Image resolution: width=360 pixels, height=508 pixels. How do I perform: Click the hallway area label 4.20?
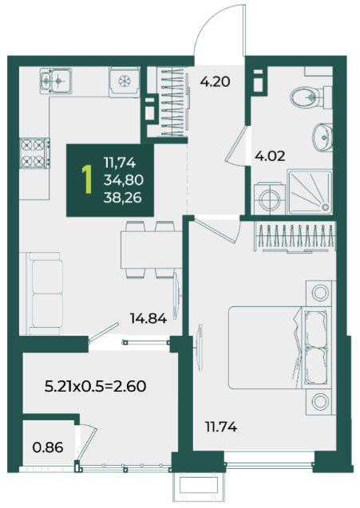[x=215, y=81]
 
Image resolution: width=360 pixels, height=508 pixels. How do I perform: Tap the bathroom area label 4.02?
[x=270, y=156]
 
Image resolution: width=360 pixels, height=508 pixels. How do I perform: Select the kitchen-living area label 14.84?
[x=148, y=318]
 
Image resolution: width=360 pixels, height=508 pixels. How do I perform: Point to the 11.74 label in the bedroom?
[x=221, y=427]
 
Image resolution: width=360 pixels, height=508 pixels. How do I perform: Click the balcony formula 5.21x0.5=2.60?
[x=95, y=386]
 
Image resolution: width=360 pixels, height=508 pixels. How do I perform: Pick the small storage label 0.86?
[x=48, y=447]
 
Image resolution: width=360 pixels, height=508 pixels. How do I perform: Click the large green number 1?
[x=86, y=179]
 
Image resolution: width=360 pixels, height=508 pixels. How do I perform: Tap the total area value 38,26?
[x=123, y=197]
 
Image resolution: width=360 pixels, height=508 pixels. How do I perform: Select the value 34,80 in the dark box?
[x=124, y=179]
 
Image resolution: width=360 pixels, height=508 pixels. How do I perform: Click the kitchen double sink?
[x=56, y=81]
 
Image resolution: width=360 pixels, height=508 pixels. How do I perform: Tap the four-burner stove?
[x=34, y=153]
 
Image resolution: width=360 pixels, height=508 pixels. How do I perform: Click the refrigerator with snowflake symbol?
[x=125, y=82]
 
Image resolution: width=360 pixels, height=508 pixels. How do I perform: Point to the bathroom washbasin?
[x=322, y=137]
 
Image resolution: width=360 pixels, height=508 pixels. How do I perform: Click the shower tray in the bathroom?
[x=310, y=192]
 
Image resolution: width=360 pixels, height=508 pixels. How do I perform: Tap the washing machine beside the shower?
[x=270, y=199]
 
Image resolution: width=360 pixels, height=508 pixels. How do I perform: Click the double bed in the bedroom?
[x=280, y=348]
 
